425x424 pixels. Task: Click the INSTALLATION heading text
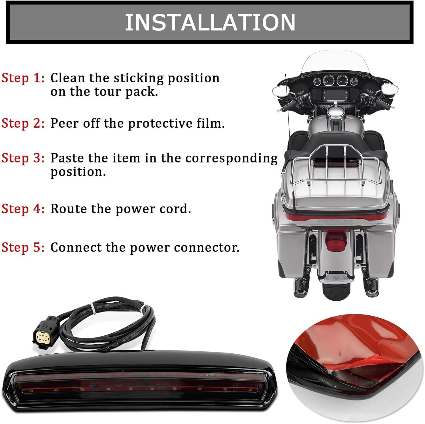pyautogui.click(x=210, y=22)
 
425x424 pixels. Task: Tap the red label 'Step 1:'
pyautogui.click(x=23, y=78)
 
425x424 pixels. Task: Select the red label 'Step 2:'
pyautogui.click(x=23, y=123)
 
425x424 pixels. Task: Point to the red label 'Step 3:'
pyautogui.click(x=23, y=158)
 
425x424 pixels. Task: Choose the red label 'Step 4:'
pyautogui.click(x=23, y=209)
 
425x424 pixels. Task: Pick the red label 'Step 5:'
pyautogui.click(x=23, y=247)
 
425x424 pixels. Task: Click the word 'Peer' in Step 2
pyautogui.click(x=64, y=123)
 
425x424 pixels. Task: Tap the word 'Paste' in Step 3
pyautogui.click(x=67, y=158)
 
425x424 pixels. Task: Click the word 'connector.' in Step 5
pyautogui.click(x=207, y=248)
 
